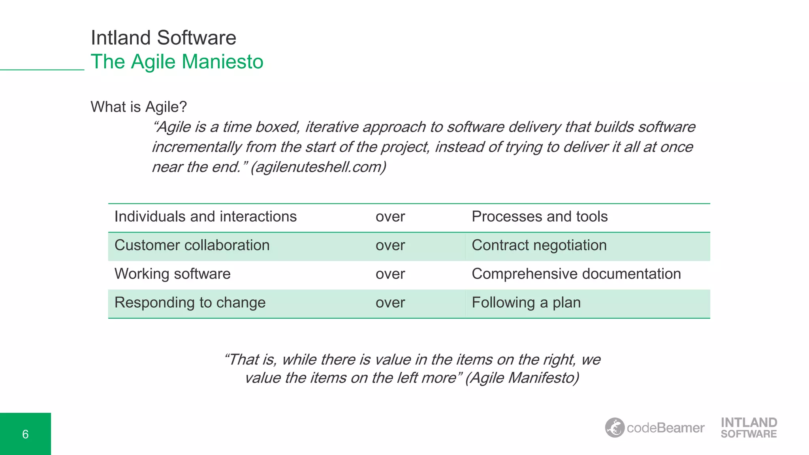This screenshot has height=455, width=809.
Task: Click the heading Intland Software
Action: coord(163,38)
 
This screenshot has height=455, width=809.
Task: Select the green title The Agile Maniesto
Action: coord(177,62)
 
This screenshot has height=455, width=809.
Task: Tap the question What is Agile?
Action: coord(139,107)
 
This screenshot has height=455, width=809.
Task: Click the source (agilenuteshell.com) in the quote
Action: coord(318,167)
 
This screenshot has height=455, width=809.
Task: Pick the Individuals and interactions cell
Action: coord(205,216)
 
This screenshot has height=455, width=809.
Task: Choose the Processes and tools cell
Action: coord(540,216)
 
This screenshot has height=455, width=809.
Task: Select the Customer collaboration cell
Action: coord(192,245)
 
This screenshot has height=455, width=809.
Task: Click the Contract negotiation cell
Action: coord(539,245)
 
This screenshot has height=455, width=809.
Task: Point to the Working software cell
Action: coord(172,274)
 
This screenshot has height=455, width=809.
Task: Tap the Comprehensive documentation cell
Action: coord(576,274)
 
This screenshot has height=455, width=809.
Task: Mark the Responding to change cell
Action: coord(190,303)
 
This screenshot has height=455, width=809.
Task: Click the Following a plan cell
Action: coord(526,303)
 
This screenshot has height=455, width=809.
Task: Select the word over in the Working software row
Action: coord(390,274)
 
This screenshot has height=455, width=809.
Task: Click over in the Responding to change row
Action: coord(390,303)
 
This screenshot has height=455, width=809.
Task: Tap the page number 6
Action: coord(25,434)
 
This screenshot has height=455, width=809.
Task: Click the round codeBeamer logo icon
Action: coord(615,427)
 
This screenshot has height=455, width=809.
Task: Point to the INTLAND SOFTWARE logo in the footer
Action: coord(749,428)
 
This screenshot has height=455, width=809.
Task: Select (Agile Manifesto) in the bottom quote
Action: coord(522,378)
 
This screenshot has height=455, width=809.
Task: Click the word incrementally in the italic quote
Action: coord(196,147)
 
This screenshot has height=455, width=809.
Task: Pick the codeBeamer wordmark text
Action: coord(666,428)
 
